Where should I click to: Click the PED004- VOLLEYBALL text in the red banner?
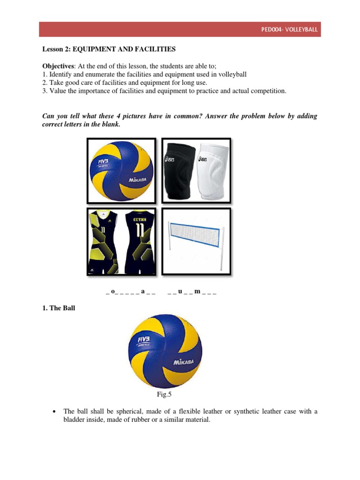pyautogui.click(x=289, y=30)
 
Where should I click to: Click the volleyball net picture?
pyautogui.click(x=196, y=241)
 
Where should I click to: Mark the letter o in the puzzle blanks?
pyautogui.click(x=112, y=292)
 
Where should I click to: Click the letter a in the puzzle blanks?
pyautogui.click(x=142, y=292)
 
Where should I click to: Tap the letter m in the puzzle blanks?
pyautogui.click(x=197, y=292)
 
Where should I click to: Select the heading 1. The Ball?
pyautogui.click(x=59, y=308)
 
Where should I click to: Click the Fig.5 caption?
pyautogui.click(x=164, y=395)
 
